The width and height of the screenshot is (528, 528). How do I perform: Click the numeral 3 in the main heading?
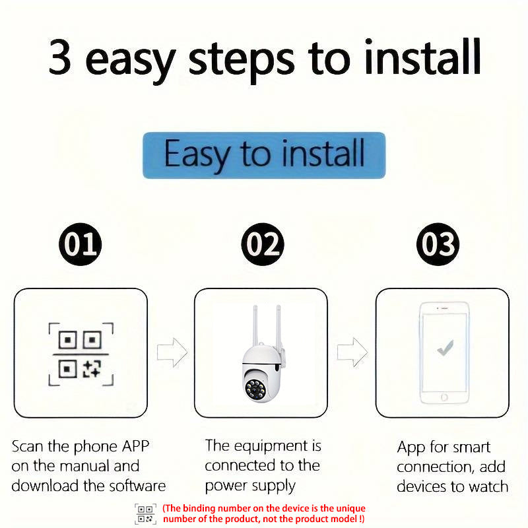[x=60, y=59]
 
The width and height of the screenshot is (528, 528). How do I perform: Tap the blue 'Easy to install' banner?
[x=264, y=154]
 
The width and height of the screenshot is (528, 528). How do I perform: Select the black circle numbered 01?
[x=81, y=245]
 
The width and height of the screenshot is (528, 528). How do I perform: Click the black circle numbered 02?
[x=262, y=245]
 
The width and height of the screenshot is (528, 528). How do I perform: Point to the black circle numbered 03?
[x=439, y=245]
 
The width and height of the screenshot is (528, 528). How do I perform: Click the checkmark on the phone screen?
[x=445, y=347]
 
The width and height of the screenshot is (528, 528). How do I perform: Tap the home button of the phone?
[x=445, y=397]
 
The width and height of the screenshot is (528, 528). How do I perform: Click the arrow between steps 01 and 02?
[x=172, y=352]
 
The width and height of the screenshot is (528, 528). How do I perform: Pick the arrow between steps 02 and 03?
[x=352, y=352]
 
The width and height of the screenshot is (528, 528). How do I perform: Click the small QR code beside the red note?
[x=145, y=513]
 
